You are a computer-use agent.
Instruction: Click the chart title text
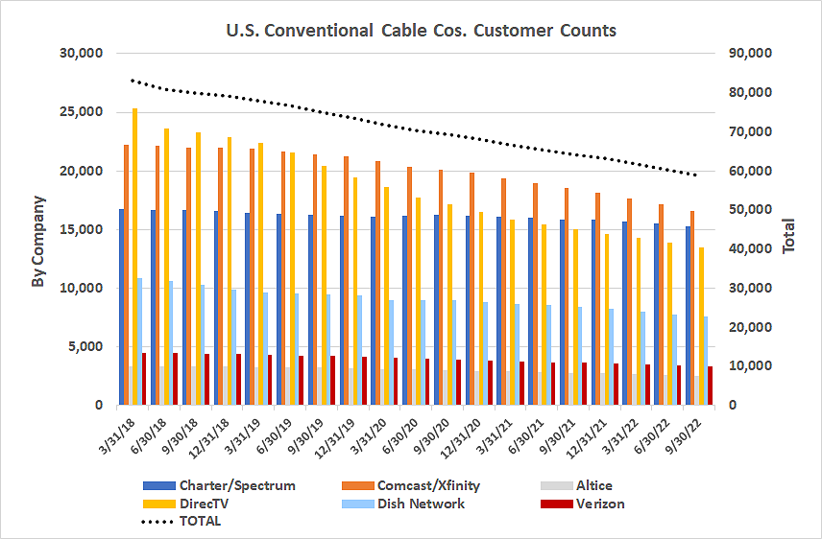tap(421, 31)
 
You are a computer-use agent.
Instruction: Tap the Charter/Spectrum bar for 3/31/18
tap(121, 307)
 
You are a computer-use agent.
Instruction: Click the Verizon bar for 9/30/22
tap(711, 386)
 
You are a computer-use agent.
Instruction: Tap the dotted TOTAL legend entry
tap(182, 521)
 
